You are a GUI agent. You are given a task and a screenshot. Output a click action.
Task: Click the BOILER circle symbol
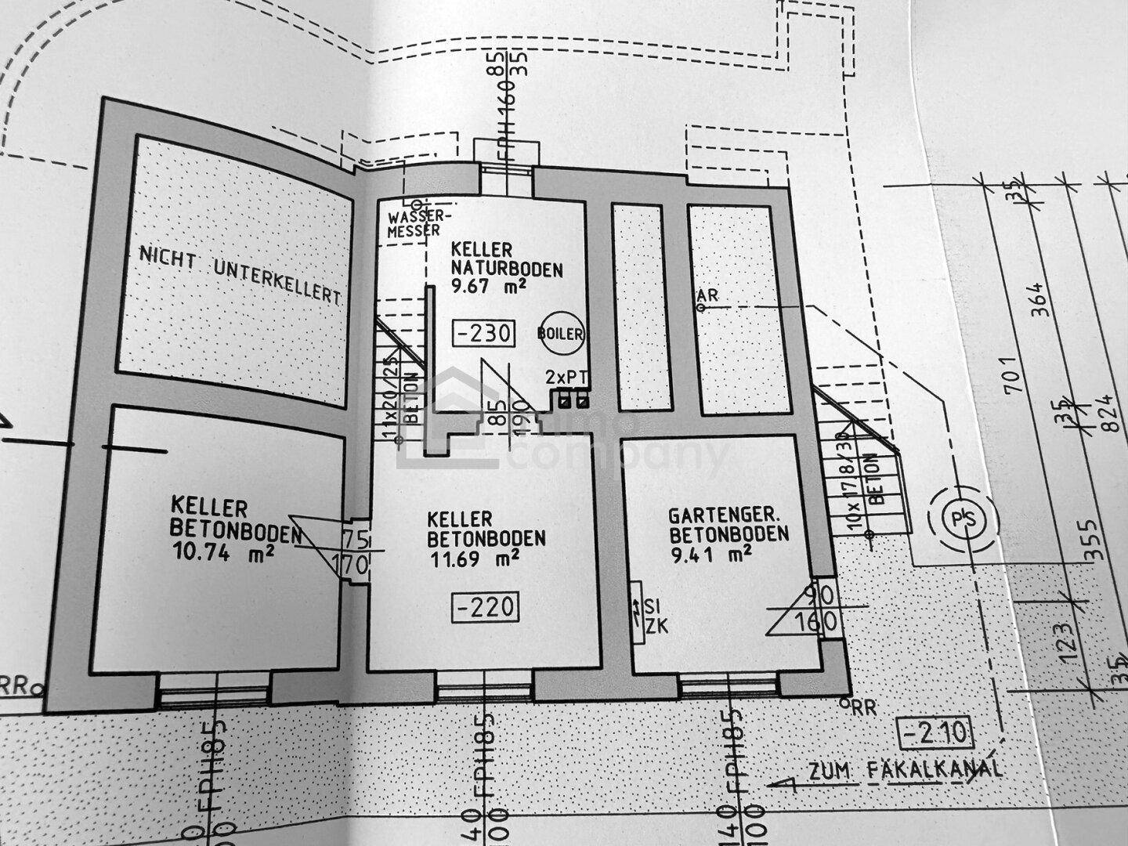pos(561,334)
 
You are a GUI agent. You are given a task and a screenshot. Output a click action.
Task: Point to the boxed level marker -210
pos(937,735)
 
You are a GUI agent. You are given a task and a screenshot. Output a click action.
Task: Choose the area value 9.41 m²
pos(713,555)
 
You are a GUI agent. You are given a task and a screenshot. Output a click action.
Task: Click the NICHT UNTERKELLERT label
pos(240,276)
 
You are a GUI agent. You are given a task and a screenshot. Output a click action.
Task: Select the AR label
pos(707,295)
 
